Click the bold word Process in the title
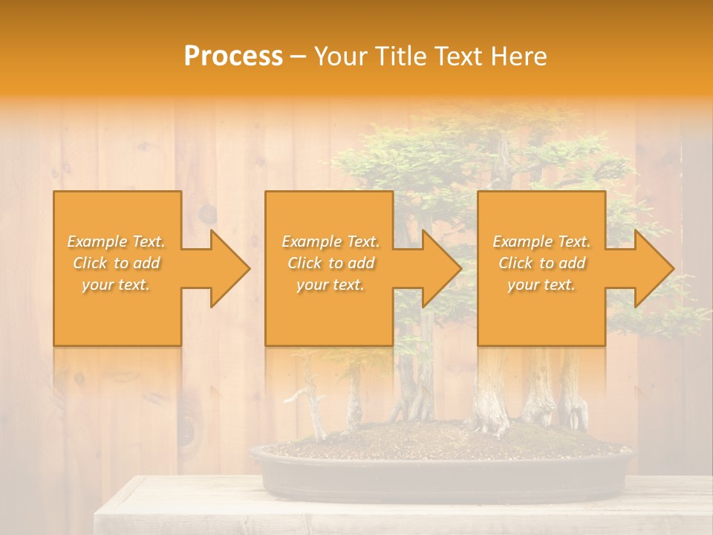pos(233,56)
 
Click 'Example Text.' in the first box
pos(117,241)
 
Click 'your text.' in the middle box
pos(330,285)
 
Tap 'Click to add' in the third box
pos(541,263)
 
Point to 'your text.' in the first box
pos(117,285)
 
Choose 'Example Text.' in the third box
pos(541,241)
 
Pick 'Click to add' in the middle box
pos(330,263)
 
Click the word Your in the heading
pos(342,56)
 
